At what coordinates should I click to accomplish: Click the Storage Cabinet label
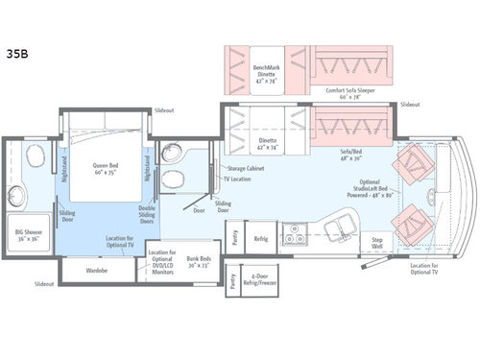[248, 168]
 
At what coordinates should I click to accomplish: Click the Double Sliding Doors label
[148, 215]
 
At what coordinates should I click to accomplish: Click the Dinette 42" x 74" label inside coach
[267, 144]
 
